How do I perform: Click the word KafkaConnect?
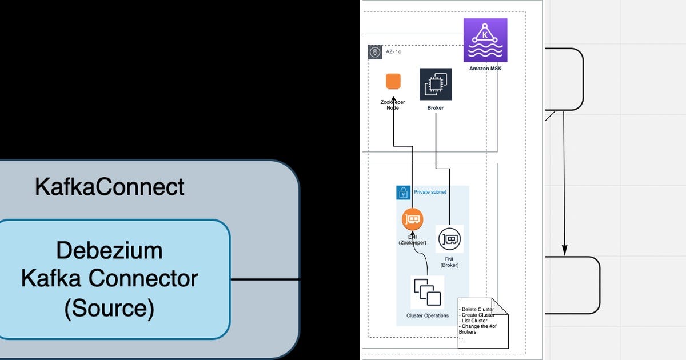click(x=109, y=186)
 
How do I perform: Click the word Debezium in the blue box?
click(x=109, y=250)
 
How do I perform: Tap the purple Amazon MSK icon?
click(x=485, y=40)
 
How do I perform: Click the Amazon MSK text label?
click(x=485, y=69)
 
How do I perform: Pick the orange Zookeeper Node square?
click(x=393, y=81)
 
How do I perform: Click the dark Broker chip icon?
click(x=436, y=84)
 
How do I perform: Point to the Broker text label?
click(x=436, y=108)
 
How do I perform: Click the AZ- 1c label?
click(x=393, y=52)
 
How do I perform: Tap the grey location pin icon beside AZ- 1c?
click(x=375, y=52)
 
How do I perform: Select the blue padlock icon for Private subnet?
click(x=404, y=193)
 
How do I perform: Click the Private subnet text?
click(x=430, y=192)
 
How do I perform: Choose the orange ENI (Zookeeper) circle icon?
click(x=413, y=219)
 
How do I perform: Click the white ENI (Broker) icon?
click(x=449, y=239)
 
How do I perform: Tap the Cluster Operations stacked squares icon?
click(x=428, y=293)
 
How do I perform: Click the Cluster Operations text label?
click(x=428, y=315)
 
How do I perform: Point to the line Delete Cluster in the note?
click(x=477, y=310)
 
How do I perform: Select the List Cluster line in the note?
click(x=473, y=321)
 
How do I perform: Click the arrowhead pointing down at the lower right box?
click(x=564, y=250)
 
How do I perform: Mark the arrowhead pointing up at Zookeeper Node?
click(x=393, y=99)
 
